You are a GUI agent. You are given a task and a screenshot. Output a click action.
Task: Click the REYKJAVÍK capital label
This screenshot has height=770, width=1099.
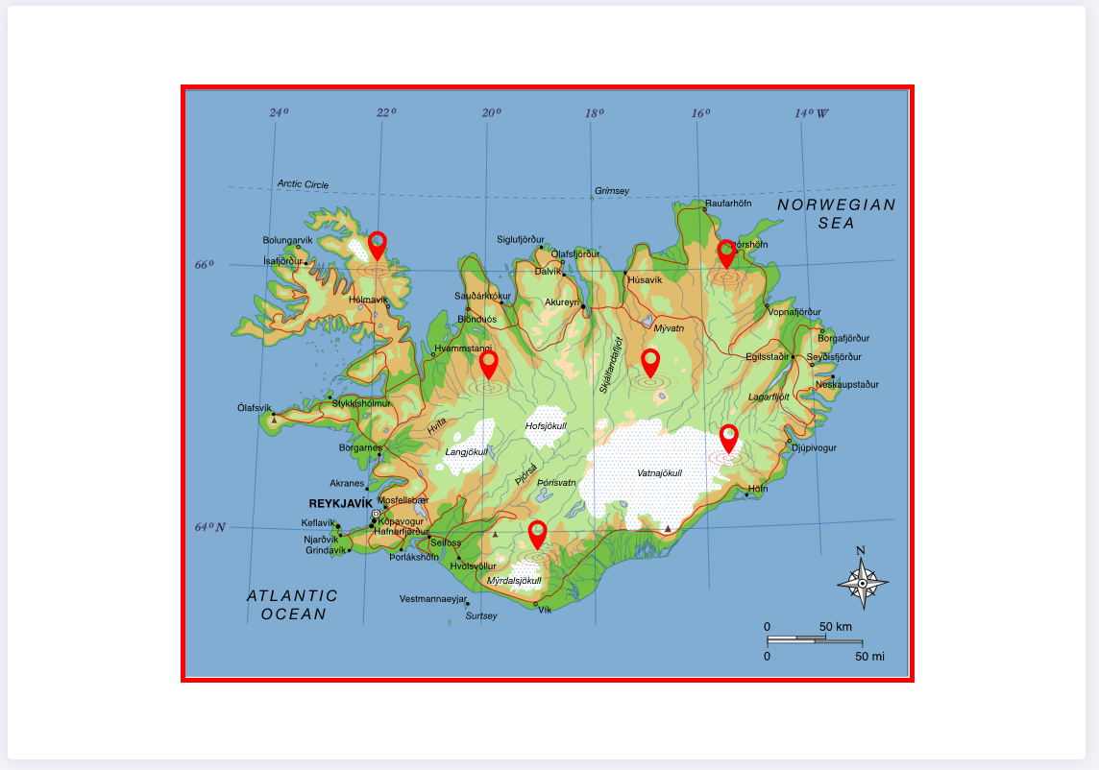[x=340, y=503]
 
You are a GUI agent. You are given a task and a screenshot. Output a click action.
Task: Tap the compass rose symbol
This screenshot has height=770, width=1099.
[x=862, y=582]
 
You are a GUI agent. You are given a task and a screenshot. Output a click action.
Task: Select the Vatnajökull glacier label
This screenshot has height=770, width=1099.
[x=659, y=472]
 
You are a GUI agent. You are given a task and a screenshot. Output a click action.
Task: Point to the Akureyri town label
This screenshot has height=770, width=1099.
[x=562, y=302]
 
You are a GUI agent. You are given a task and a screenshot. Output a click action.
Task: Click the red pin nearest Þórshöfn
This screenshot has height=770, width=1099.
[x=726, y=253]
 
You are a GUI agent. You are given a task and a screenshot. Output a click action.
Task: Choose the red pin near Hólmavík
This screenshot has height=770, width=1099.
[x=378, y=245]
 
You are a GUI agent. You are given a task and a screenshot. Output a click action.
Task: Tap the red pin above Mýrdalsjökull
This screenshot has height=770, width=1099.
[x=537, y=534]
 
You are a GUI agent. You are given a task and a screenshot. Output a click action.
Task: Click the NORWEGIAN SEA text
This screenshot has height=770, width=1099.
[x=836, y=213]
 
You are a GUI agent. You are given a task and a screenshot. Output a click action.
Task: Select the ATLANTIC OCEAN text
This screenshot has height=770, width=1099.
[x=293, y=605]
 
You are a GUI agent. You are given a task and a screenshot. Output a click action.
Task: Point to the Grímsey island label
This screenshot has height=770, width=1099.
[x=612, y=191]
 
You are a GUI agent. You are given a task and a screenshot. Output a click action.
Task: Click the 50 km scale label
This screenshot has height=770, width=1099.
[x=836, y=627]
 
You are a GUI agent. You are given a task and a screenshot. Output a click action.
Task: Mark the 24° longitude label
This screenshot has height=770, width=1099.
[x=279, y=113]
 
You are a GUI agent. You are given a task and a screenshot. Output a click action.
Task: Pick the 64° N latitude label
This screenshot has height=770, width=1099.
[x=210, y=527]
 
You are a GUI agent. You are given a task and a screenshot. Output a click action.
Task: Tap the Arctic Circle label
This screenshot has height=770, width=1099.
[x=303, y=184]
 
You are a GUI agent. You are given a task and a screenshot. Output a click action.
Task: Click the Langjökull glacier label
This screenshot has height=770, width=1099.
[x=467, y=451]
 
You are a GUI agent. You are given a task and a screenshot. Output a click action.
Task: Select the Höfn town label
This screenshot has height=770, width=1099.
[x=758, y=489]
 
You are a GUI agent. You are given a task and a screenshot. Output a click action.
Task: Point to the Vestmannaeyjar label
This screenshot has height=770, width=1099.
[x=432, y=599]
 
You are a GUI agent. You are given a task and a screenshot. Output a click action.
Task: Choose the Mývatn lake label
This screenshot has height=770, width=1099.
[x=669, y=328]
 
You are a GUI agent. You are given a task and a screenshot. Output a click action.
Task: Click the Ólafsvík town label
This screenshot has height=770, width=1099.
[x=255, y=407]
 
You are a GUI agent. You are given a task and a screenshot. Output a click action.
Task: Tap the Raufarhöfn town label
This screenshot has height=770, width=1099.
[x=728, y=204]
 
